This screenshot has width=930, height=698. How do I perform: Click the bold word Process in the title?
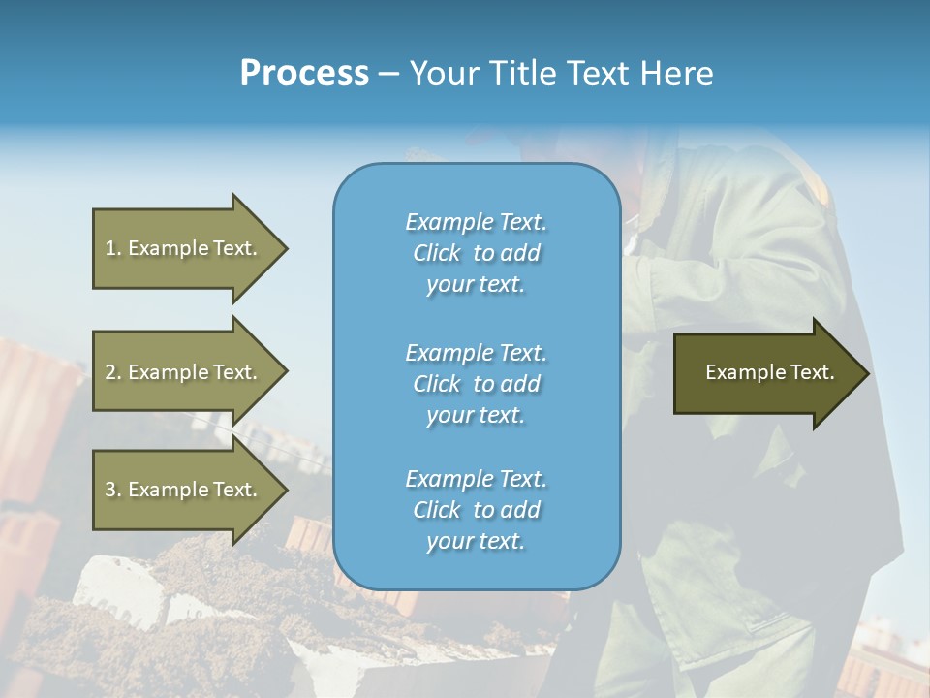(304, 74)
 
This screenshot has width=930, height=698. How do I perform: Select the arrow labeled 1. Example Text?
(184, 248)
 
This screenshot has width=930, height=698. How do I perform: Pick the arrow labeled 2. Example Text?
(184, 372)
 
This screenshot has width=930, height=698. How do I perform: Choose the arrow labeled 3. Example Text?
(184, 490)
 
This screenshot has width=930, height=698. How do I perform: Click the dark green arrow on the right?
(765, 373)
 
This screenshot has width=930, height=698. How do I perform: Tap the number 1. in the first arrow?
(113, 248)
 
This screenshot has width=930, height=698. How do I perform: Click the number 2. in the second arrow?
(113, 372)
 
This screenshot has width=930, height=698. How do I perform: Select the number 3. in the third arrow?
(113, 490)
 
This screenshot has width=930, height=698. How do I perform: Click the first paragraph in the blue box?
(476, 253)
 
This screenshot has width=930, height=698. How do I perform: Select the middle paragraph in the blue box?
(476, 384)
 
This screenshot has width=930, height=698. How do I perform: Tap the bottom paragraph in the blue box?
(476, 510)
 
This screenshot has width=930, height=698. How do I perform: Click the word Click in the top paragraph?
(437, 254)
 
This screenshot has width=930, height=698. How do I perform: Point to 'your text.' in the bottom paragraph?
(476, 541)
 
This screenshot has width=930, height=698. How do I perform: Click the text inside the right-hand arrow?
(769, 372)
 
